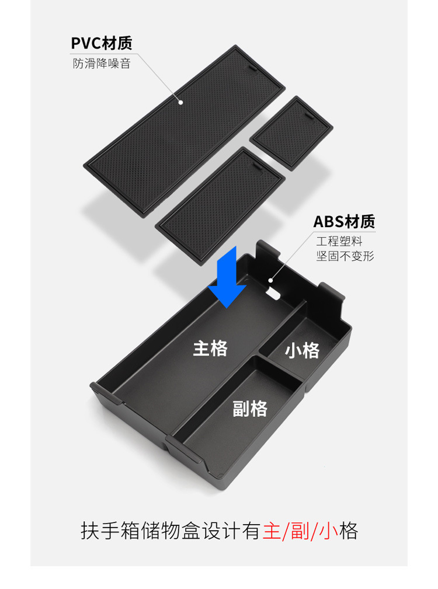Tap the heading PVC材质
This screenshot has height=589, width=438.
pyautogui.click(x=101, y=43)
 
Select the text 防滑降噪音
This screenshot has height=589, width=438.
pyautogui.click(x=101, y=64)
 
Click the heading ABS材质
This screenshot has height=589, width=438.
pyautogui.click(x=344, y=222)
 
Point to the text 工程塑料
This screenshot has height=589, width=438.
pyautogui.click(x=339, y=241)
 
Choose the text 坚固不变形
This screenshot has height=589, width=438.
pyautogui.click(x=345, y=256)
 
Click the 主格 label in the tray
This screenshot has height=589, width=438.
pyautogui.click(x=210, y=348)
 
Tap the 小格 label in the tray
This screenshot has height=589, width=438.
pyautogui.click(x=303, y=351)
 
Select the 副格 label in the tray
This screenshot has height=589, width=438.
pyautogui.click(x=250, y=408)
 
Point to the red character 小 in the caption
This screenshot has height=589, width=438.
pyautogui.click(x=329, y=531)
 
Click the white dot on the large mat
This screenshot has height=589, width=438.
pyautogui.click(x=181, y=102)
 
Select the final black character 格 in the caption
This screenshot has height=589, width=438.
pyautogui.click(x=349, y=531)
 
